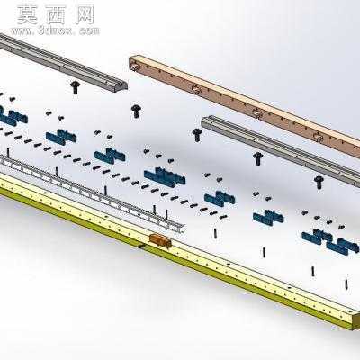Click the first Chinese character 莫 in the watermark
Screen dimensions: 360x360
point(27,15)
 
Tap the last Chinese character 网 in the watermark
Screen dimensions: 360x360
point(85,14)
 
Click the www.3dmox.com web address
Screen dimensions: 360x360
point(55,31)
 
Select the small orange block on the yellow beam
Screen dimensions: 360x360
point(160,241)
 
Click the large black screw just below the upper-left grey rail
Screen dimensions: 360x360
point(75,86)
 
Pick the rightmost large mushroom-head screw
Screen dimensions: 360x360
point(319,182)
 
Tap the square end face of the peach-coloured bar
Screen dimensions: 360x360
point(132,63)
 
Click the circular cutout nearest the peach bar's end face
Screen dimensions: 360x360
point(137,66)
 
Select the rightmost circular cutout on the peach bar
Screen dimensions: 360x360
point(318,137)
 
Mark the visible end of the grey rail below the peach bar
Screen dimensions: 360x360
point(204,122)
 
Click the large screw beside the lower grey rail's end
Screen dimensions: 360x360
point(197,135)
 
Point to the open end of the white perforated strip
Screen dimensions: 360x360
point(181,229)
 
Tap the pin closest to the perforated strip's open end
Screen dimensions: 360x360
point(166,214)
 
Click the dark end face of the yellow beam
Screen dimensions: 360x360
point(355,322)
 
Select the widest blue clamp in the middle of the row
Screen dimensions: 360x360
point(165,177)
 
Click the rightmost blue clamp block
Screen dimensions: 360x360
point(342,246)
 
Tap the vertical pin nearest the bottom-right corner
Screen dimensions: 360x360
point(346,284)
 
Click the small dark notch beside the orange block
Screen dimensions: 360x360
point(141,247)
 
